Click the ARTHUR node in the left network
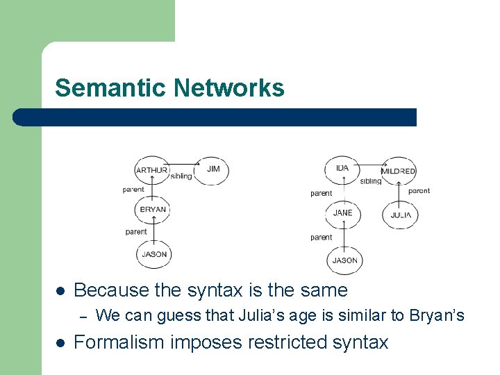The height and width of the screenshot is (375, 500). click(151, 169)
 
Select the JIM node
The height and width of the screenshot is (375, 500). click(213, 169)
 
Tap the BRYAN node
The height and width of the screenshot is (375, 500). click(153, 209)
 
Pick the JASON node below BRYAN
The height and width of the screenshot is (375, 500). click(153, 254)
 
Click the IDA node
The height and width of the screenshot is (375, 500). click(342, 169)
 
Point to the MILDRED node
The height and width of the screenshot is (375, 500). click(398, 171)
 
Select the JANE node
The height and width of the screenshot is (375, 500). click(342, 212)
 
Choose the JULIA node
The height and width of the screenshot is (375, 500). click(400, 215)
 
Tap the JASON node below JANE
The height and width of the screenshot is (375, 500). click(344, 260)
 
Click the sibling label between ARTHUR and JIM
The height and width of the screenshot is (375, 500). click(181, 176)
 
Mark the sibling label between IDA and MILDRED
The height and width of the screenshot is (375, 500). click(371, 181)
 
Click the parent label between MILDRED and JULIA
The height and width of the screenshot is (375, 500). click(419, 190)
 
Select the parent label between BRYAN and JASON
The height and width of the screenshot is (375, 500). click(136, 232)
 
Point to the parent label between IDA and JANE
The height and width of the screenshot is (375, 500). click(321, 193)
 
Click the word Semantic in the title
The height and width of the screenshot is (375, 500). click(111, 88)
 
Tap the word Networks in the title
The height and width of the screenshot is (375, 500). click(229, 88)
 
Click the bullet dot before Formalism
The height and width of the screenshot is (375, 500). click(60, 342)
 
